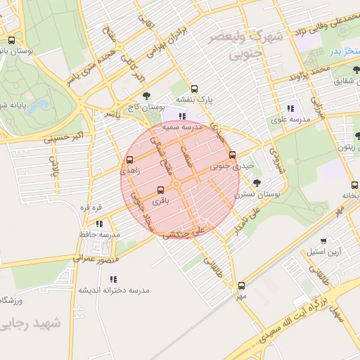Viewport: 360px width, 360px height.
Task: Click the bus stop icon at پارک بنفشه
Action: (x=194, y=89)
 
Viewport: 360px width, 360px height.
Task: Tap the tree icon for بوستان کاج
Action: (x=146, y=95)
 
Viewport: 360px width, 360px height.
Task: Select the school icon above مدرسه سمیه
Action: (x=183, y=116)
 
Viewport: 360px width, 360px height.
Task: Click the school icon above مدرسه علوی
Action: (x=290, y=108)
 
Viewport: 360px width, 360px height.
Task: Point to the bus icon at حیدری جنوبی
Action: (x=233, y=155)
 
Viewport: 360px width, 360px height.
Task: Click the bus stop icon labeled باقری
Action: (x=161, y=190)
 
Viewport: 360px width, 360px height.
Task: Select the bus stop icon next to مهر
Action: (x=242, y=285)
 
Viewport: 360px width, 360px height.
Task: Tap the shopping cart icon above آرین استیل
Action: (x=323, y=240)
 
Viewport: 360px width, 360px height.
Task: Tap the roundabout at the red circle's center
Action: (x=179, y=184)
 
